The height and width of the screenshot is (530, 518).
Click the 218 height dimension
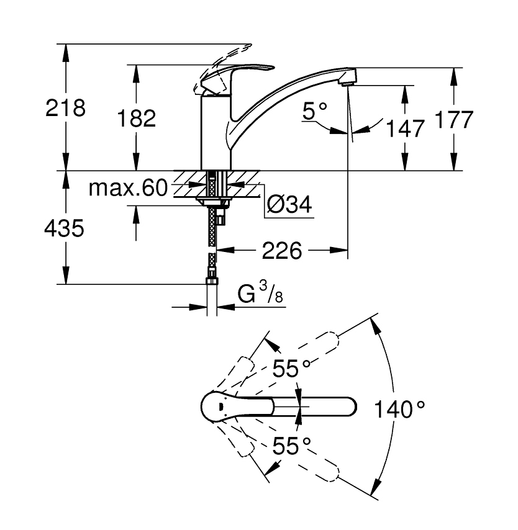(x=65, y=108)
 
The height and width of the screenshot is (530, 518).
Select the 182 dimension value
(x=137, y=119)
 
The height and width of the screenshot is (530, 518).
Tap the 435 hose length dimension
(x=65, y=228)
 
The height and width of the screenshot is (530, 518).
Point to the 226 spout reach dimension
(x=282, y=251)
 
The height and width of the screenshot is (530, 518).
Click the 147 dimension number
(x=405, y=128)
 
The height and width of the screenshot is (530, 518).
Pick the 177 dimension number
(x=453, y=119)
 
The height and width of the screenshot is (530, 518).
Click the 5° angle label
(x=315, y=111)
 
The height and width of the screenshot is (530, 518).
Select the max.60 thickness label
(x=128, y=188)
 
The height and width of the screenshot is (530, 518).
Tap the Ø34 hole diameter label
(x=289, y=204)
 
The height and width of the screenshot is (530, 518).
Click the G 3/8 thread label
(x=260, y=293)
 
